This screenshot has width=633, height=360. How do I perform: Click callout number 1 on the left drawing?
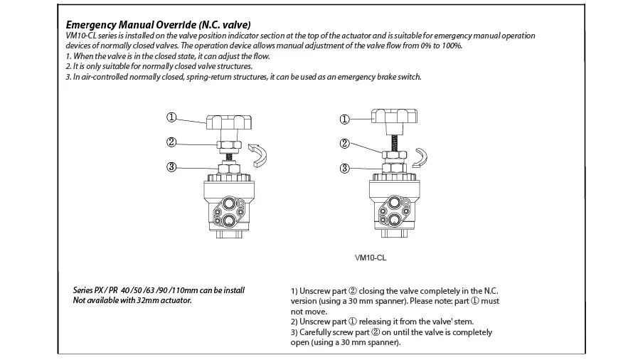[171, 117]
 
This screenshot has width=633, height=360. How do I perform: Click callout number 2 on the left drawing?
[171, 142]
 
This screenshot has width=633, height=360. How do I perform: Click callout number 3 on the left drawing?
[171, 167]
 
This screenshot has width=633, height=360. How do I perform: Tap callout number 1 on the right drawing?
[344, 120]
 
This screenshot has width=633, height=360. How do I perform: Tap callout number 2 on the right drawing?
[344, 144]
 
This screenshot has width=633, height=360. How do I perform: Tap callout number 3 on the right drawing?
[344, 168]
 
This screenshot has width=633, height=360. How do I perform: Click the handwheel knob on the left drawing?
[229, 122]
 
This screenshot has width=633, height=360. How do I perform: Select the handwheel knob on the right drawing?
[395, 117]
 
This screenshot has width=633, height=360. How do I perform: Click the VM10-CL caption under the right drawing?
[371, 258]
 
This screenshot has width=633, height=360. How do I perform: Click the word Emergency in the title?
[91, 25]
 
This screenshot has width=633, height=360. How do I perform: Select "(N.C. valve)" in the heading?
[225, 25]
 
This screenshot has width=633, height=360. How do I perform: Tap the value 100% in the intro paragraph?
[452, 46]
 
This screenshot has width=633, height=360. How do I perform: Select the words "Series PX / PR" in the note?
[95, 290]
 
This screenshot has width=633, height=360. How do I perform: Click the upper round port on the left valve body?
[229, 203]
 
